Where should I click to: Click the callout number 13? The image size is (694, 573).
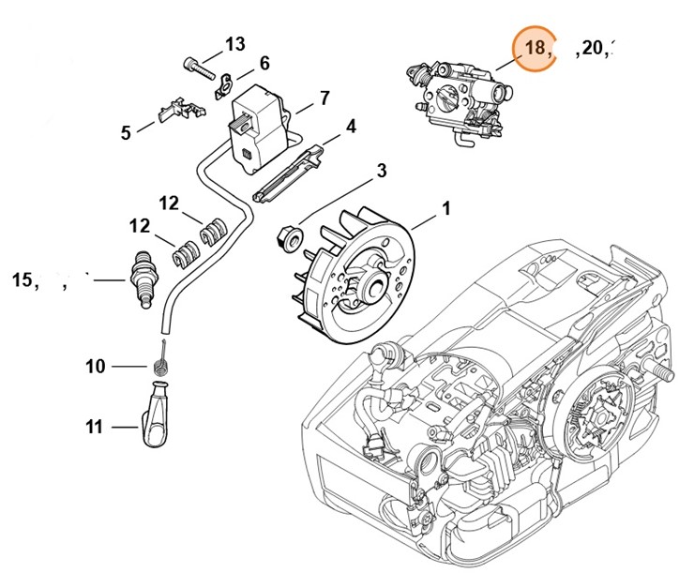234,44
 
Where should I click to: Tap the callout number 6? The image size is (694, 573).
264,63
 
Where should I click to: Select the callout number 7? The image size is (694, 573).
324,97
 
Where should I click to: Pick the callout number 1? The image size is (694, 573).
445,209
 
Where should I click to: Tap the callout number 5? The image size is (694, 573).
126,133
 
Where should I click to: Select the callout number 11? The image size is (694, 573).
94,427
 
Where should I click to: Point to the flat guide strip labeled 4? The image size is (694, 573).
291,168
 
